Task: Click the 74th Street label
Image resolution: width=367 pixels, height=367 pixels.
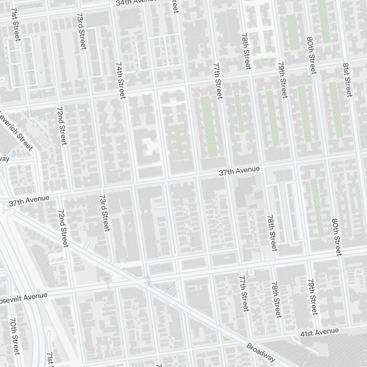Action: pyautogui.click(x=120, y=80)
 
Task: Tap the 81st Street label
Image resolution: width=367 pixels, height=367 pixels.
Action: pyautogui.click(x=347, y=80)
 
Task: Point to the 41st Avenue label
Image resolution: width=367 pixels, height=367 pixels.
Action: pyautogui.click(x=319, y=333)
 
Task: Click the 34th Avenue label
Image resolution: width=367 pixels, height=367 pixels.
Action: pyautogui.click(x=136, y=3)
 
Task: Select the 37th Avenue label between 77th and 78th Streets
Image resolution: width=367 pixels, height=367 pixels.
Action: pyautogui.click(x=239, y=171)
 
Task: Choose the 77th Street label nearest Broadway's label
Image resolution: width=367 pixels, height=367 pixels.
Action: pyautogui.click(x=244, y=294)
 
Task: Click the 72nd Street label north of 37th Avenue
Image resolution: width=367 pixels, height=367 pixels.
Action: pyautogui.click(x=62, y=126)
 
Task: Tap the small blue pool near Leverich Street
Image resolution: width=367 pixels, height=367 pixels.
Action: pyautogui.click(x=14, y=153)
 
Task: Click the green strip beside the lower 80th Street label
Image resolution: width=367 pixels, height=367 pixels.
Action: pyautogui.click(x=318, y=208)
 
